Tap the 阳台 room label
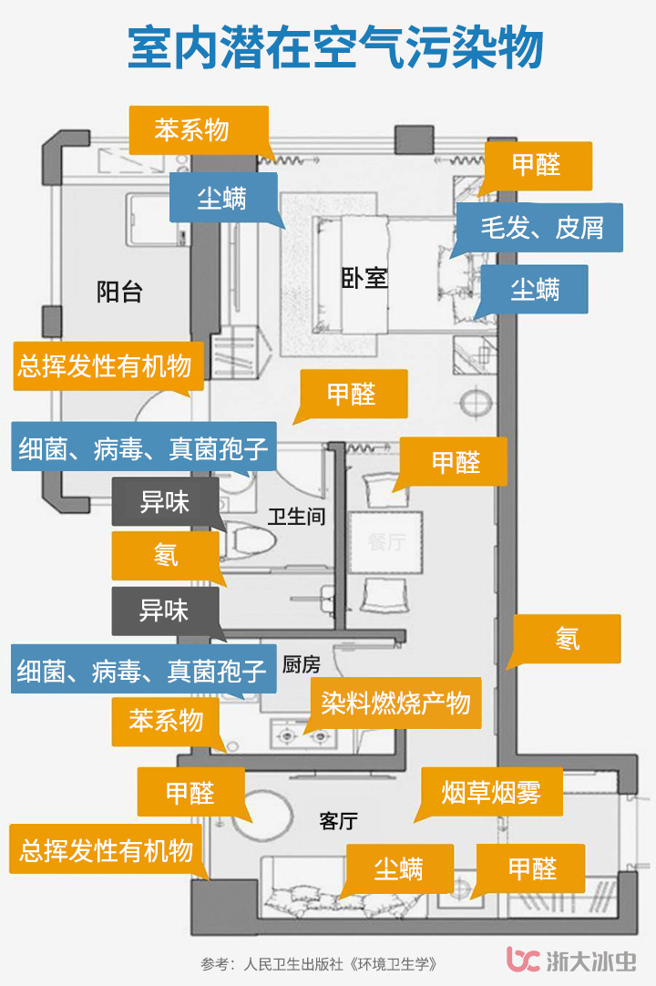tap(119, 292)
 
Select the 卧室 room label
tap(364, 278)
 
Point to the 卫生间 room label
tap(296, 517)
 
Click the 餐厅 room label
tap(385, 542)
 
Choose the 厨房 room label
tap(301, 664)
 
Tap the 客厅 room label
tap(338, 821)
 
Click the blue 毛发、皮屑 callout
tap(541, 227)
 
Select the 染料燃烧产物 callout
tap(395, 703)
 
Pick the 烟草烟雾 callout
tap(491, 792)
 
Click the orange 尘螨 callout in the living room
tap(399, 868)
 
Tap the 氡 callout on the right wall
tap(567, 639)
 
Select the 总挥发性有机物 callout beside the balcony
tap(108, 366)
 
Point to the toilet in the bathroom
tap(251, 540)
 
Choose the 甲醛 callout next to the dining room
tap(456, 462)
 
